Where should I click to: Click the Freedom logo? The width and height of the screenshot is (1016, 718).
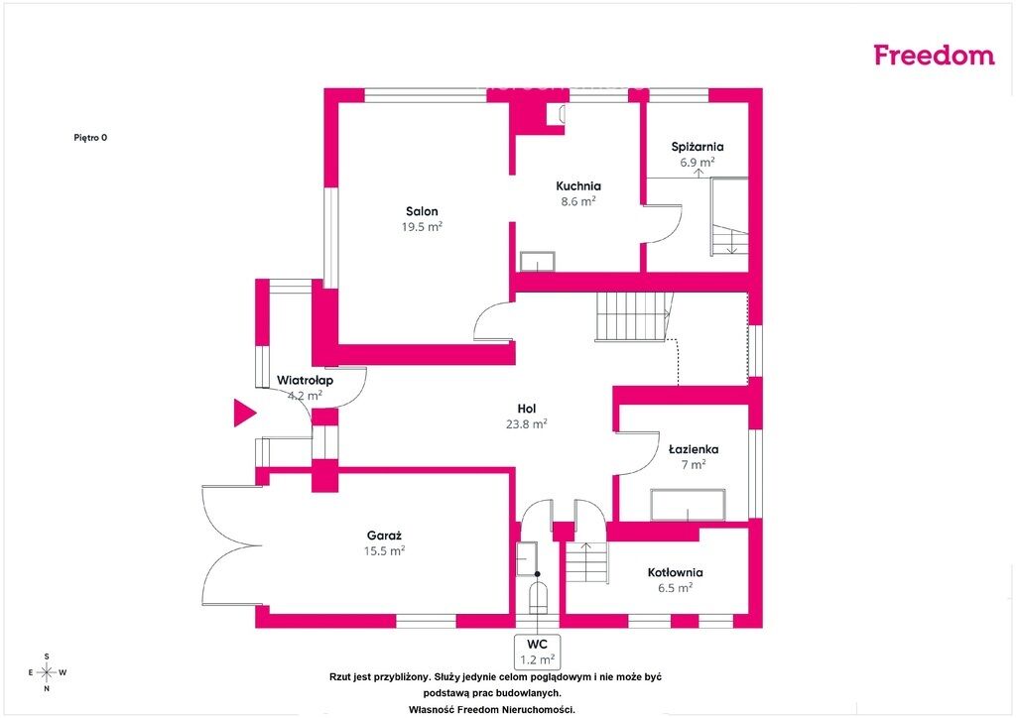point(934,55)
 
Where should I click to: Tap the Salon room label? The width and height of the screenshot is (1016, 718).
point(422,211)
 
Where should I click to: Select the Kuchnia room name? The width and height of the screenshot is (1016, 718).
point(578,185)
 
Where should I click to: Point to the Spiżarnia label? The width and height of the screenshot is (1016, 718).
point(698,147)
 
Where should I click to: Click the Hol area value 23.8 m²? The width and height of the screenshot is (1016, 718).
point(526,424)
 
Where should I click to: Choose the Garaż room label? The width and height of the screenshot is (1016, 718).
point(384,536)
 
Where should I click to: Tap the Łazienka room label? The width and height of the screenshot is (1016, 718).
point(694,448)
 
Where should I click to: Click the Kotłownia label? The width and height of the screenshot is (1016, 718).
point(675,572)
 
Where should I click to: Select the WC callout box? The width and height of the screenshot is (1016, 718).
point(537,652)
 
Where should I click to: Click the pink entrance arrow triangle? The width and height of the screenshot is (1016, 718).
point(244,414)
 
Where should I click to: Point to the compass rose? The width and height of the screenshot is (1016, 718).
point(48,672)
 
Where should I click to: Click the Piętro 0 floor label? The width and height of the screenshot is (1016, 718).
point(90,137)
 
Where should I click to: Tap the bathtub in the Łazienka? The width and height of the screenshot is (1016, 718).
point(689,505)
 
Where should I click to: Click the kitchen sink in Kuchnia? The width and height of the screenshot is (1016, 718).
point(538,262)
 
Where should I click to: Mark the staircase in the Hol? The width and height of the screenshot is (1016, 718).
point(633,316)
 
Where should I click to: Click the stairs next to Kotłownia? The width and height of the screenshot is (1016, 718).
point(587,562)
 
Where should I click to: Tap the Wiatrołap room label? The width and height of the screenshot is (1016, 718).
point(306,380)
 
